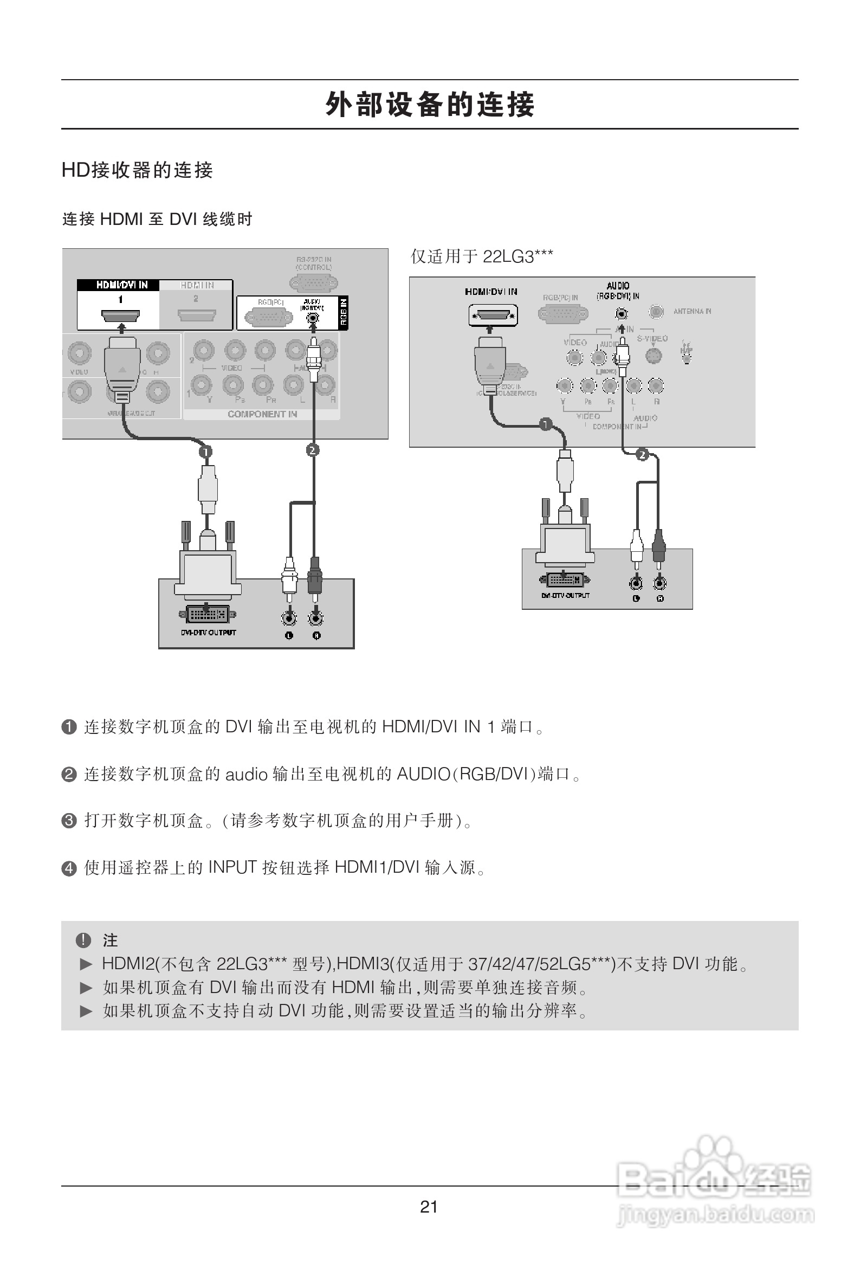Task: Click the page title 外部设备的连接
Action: [430, 104]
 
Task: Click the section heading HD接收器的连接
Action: [137, 170]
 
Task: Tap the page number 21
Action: [429, 1207]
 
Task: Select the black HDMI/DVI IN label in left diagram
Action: [122, 285]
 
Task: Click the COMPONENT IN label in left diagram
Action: [262, 414]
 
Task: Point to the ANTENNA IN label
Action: [692, 311]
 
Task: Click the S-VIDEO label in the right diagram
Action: [652, 339]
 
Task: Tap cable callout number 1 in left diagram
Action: [205, 452]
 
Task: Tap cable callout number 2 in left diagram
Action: [312, 450]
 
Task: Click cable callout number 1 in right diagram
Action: [546, 424]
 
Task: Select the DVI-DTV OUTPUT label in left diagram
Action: [209, 633]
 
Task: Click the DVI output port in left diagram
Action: [208, 615]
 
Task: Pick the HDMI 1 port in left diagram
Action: [121, 314]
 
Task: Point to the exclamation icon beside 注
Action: [83, 939]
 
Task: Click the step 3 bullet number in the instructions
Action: [69, 821]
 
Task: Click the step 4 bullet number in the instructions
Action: [69, 868]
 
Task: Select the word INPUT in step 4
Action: [232, 867]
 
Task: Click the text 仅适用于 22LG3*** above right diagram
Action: [482, 256]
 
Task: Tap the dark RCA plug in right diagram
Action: [658, 546]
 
